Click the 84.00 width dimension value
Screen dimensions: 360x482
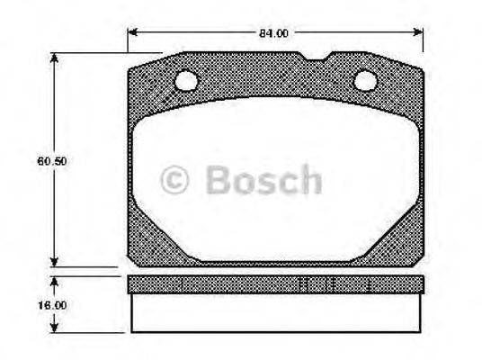273,33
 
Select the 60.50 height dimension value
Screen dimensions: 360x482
56,162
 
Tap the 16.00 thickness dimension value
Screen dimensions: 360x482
56,305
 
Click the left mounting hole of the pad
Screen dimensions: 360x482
186,82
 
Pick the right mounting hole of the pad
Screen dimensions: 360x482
365,81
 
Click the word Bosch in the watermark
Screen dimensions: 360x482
262,180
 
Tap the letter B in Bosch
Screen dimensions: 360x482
218,180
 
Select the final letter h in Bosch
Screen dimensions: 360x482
308,180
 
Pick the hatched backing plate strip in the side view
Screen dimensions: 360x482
274,284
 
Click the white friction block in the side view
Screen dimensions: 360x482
274,312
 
